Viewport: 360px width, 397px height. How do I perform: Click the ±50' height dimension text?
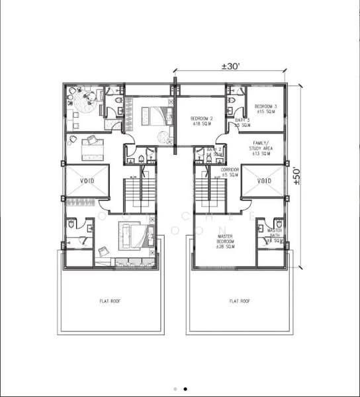297,177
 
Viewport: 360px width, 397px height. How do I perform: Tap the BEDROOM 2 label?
201,118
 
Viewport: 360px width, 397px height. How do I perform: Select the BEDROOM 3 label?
266,107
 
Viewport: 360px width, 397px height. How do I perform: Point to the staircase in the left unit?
140,189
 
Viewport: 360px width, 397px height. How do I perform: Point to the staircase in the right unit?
210,189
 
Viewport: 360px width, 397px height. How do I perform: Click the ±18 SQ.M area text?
201,124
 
